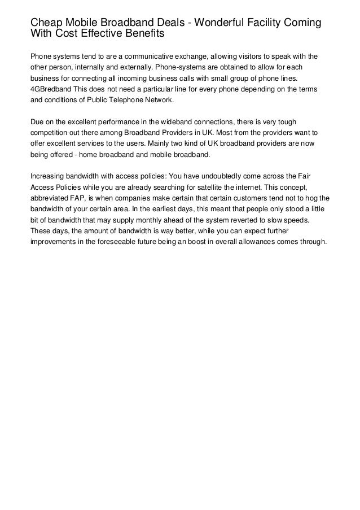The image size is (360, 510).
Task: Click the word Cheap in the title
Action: [x=45, y=23]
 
